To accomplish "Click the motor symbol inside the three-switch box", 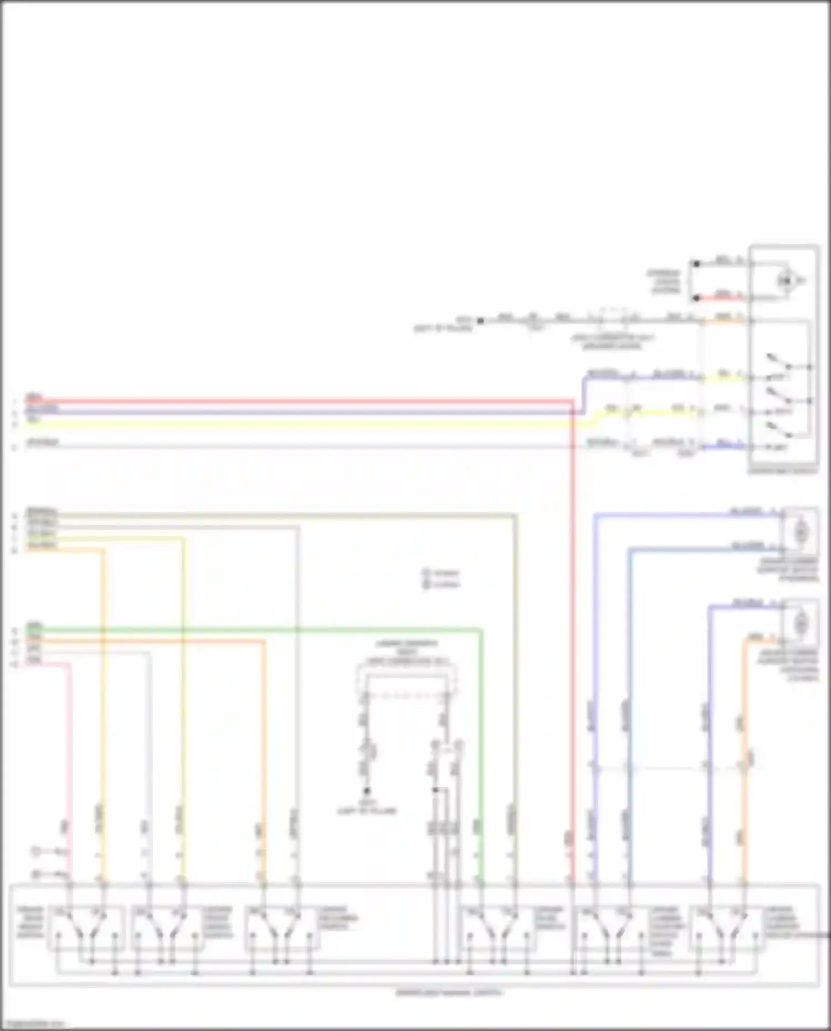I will click(785, 281).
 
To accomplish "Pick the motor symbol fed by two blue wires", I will click(800, 532).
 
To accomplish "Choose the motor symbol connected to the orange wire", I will click(800, 625).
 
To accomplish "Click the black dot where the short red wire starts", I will click(696, 299).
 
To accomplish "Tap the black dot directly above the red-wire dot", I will click(696, 264).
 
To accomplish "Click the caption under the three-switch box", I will click(782, 471).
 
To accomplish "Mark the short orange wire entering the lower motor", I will click(762, 640).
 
